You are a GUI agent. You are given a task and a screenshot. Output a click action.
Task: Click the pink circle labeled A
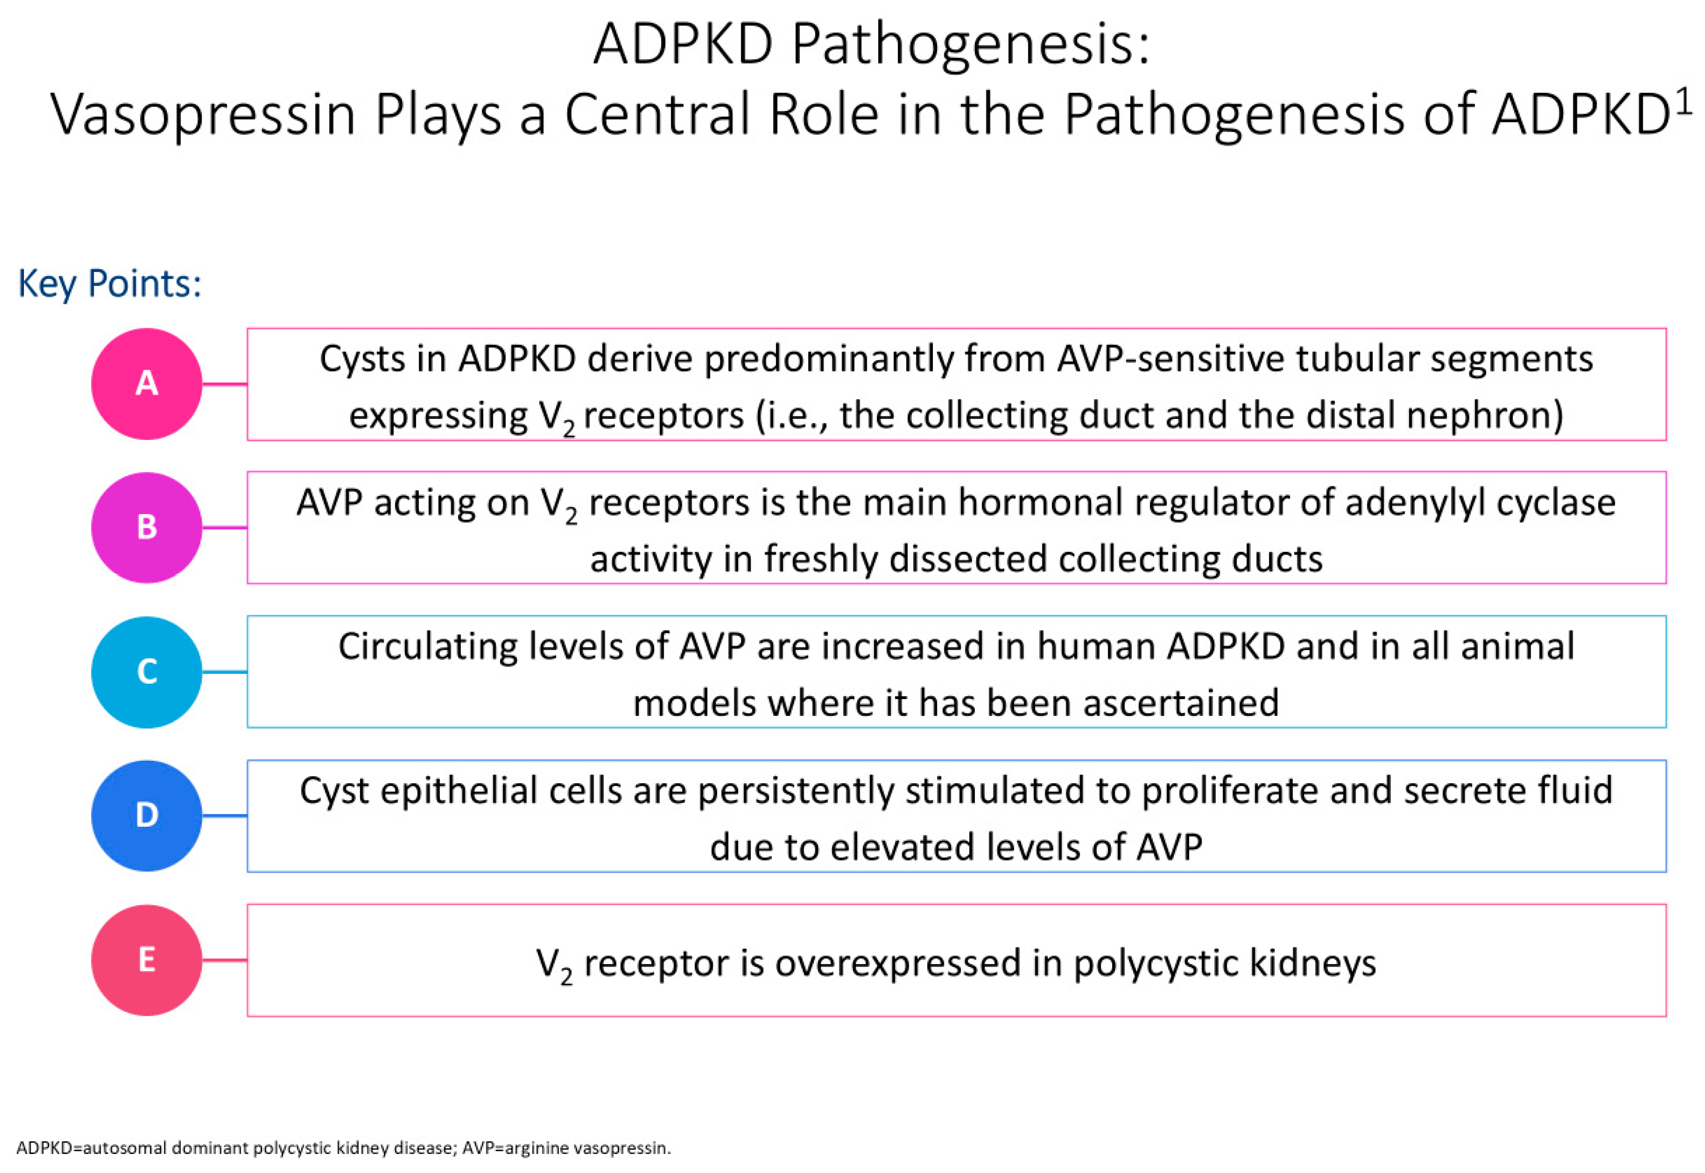click(147, 384)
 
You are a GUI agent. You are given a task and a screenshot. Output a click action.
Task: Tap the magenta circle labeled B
click(147, 528)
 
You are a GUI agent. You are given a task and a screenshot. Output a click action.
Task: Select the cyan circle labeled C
click(147, 672)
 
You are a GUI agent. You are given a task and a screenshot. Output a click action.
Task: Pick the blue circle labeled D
click(147, 816)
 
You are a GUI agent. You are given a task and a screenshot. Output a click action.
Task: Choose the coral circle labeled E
click(147, 960)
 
